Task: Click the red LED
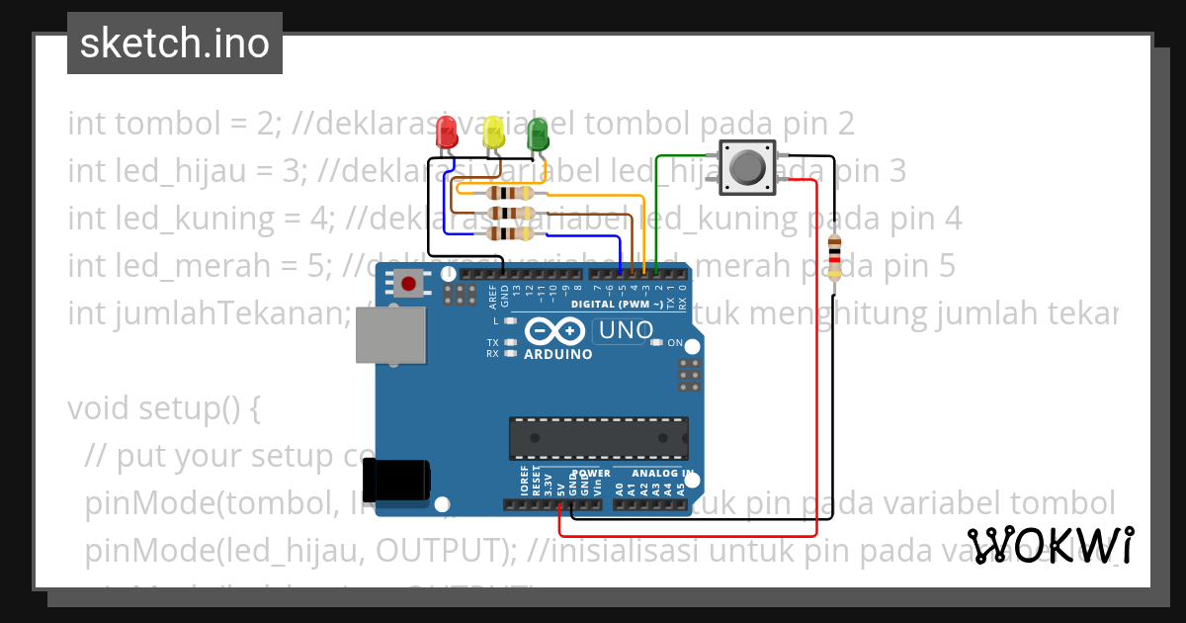(x=448, y=133)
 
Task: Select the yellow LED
(x=492, y=133)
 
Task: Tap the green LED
(x=538, y=133)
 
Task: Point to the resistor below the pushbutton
(x=835, y=256)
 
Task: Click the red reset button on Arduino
(x=409, y=284)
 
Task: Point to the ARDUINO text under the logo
(x=558, y=354)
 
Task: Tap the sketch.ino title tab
(x=175, y=44)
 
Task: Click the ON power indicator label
(x=676, y=343)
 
